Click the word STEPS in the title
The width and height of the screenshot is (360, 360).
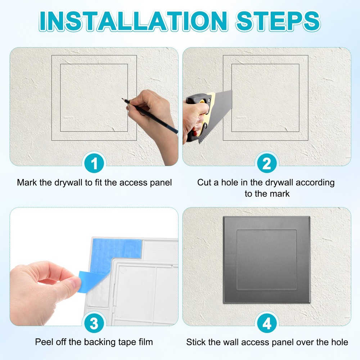pos(278,21)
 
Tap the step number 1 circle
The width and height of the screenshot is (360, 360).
pos(94,164)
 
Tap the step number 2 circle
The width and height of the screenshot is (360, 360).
pos(266,164)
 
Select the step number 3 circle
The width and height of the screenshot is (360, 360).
pos(94,324)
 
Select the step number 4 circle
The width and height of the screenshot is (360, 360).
pos(266,324)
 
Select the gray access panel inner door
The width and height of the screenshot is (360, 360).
pos(266,260)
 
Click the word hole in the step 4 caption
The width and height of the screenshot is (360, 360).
pos(339,342)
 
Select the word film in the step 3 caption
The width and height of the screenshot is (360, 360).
pos(145,342)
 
